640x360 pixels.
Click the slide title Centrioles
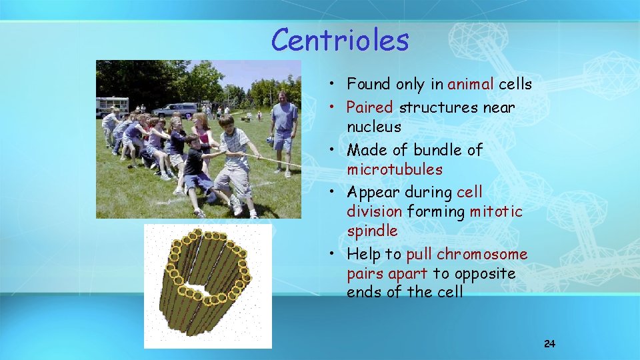tap(339, 40)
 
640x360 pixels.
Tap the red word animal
tap(471, 85)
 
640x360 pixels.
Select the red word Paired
tap(369, 107)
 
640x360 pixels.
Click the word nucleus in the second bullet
tap(373, 127)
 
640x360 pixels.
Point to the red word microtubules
tap(394, 169)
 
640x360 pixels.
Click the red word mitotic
tap(496, 212)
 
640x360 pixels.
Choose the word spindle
tap(372, 231)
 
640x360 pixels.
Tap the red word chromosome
tap(482, 255)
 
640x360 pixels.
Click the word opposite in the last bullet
tap(484, 274)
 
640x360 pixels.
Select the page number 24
tap(549, 344)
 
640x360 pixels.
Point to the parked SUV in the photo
tap(175, 109)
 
